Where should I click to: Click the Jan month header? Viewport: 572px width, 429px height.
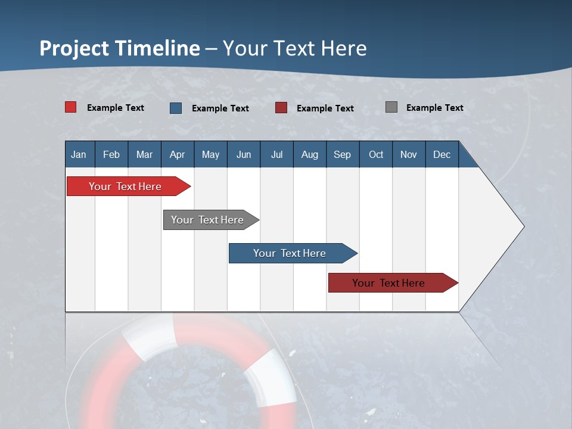79,154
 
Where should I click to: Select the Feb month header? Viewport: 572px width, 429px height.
111,154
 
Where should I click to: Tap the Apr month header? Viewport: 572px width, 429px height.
177,154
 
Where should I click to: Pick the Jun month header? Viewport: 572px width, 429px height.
244,154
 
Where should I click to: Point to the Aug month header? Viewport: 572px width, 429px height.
310,154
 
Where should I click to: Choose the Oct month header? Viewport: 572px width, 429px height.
376,154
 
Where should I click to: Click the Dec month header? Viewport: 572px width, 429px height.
442,154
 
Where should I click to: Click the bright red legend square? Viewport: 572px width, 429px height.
71,107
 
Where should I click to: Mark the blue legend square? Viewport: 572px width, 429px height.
176,108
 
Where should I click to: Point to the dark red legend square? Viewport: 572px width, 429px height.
281,108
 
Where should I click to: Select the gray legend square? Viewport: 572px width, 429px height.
391,107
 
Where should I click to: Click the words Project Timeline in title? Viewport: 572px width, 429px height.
120,48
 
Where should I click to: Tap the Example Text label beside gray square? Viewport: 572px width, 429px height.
434,108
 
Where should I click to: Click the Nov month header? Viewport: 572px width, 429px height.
409,154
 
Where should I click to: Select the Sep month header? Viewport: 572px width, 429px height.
342,154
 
